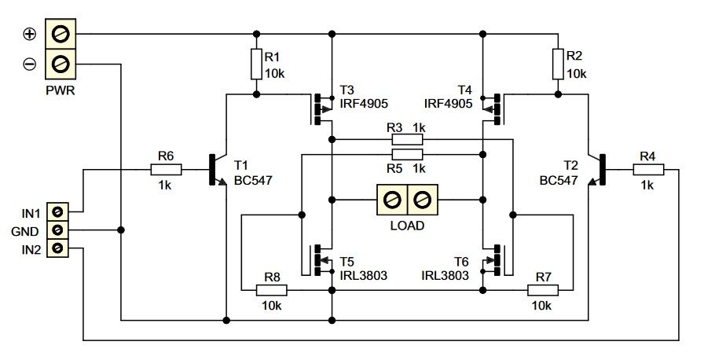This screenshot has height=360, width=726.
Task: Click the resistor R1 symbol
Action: pyautogui.click(x=256, y=64)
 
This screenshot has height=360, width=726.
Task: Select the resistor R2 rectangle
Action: pyautogui.click(x=558, y=64)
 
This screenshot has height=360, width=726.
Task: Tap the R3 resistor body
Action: pyautogui.click(x=408, y=139)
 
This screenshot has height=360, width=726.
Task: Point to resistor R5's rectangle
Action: pyautogui.click(x=408, y=154)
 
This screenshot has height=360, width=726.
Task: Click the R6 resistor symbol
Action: pyautogui.click(x=167, y=170)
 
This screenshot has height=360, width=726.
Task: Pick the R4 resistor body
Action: pyautogui.click(x=649, y=170)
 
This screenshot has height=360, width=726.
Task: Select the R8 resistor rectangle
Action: pyautogui.click(x=272, y=291)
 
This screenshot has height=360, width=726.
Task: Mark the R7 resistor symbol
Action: pyautogui.click(x=543, y=291)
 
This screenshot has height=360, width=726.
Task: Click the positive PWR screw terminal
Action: pyautogui.click(x=60, y=34)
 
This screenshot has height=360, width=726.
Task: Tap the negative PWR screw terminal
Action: pyautogui.click(x=60, y=64)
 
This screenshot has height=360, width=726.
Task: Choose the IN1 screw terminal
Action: pyautogui.click(x=57, y=211)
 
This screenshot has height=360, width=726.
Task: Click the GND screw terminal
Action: pyautogui.click(x=57, y=230)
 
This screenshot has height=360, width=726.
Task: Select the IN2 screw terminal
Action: pyautogui.click(x=57, y=248)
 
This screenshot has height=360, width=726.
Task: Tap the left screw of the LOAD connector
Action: pyautogui.click(x=392, y=200)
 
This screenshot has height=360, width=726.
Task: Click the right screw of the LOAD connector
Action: pyautogui.click(x=422, y=200)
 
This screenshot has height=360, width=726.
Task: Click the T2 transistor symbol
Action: pyautogui.click(x=596, y=170)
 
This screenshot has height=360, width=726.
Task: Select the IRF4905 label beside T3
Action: pyautogui.click(x=364, y=103)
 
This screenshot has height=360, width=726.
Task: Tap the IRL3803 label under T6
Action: pyautogui.click(x=445, y=275)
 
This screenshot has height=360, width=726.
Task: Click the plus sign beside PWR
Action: pyautogui.click(x=30, y=35)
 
